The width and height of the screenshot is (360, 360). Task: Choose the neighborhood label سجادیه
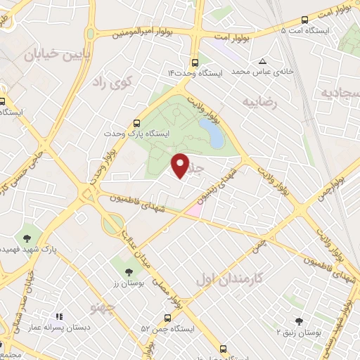tap(341, 92)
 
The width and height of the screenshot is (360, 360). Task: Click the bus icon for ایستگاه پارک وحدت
tap(138, 121)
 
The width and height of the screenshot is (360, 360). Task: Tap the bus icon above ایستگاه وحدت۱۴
tap(195, 61)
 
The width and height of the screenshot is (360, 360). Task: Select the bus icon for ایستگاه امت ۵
tap(304, 20)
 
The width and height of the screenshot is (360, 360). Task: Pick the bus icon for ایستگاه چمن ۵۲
tap(167, 318)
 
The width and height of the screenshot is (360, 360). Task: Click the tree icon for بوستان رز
tap(127, 271)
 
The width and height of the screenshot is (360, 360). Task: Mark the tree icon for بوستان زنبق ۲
tap(300, 321)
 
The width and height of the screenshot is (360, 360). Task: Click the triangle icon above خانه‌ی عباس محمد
tap(262, 61)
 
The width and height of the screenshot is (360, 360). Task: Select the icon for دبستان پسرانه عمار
tap(59, 317)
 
